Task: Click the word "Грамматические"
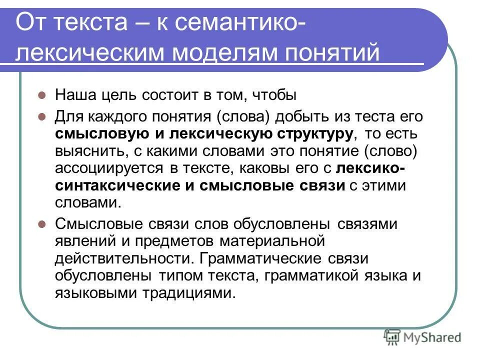tap(259, 258)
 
